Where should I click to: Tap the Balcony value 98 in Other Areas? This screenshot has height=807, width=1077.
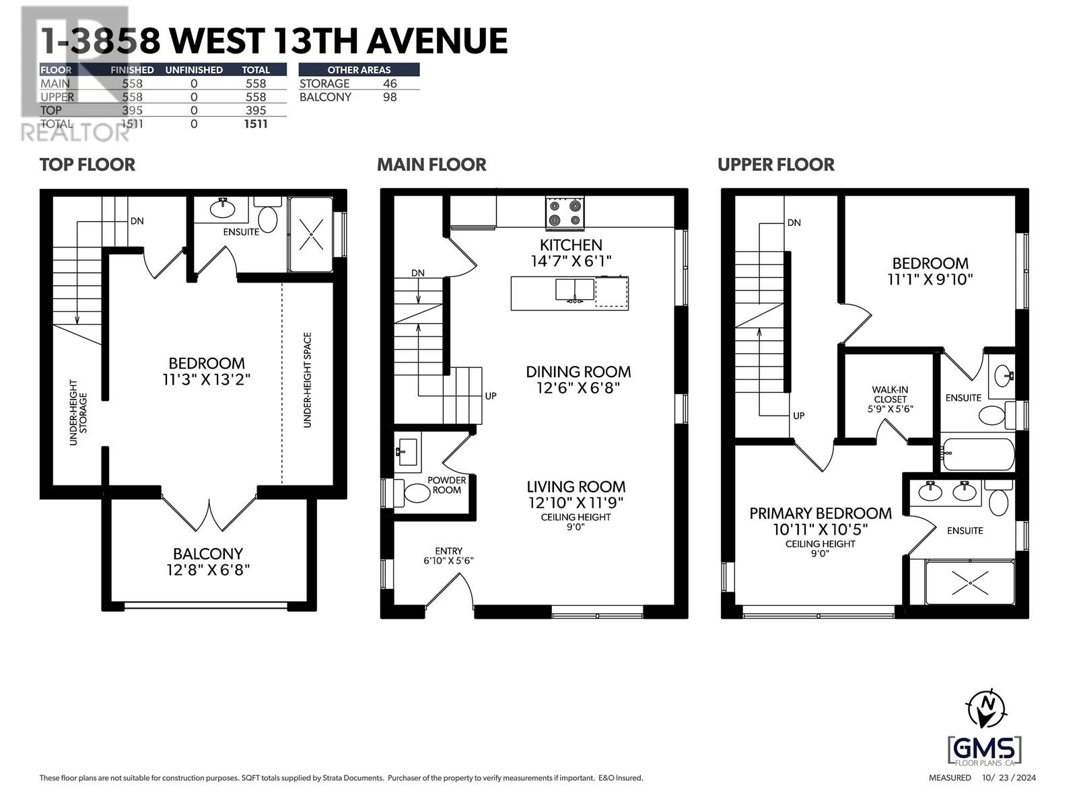point(390,97)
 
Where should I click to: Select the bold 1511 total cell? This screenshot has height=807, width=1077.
point(256,124)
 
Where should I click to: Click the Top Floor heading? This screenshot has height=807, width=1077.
point(88,165)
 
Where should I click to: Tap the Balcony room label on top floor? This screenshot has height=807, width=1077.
point(208,554)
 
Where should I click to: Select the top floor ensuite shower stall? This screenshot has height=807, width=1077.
point(311,234)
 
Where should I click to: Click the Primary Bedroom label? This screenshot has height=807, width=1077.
point(821,513)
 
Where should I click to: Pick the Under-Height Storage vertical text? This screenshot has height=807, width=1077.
point(78,412)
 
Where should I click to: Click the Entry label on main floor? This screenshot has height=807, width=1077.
point(448,551)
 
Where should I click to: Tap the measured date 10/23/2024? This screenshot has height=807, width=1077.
point(1009,778)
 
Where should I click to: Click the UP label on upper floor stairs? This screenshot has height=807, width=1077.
point(798,416)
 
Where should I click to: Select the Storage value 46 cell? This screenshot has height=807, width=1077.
point(390,83)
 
